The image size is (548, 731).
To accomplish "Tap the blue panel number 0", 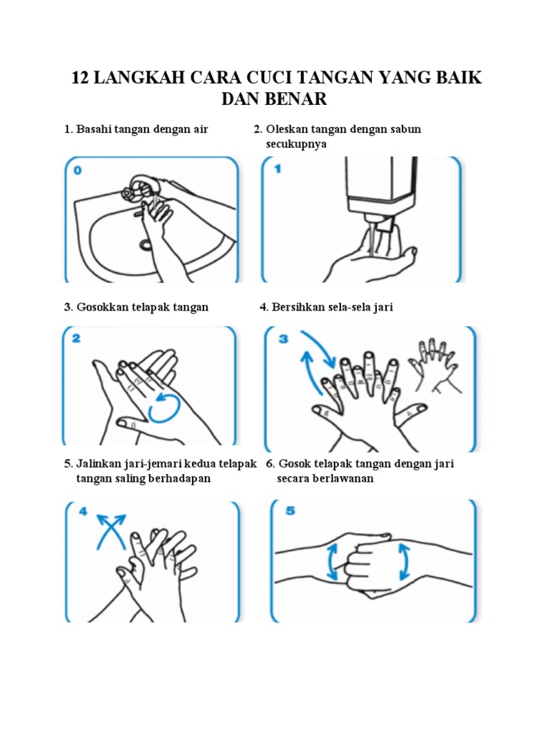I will [x=78, y=171].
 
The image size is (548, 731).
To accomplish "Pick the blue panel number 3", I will [x=283, y=338].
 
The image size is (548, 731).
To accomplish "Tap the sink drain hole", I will [x=146, y=244].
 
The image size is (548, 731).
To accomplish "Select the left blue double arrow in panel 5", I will [x=333, y=561].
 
